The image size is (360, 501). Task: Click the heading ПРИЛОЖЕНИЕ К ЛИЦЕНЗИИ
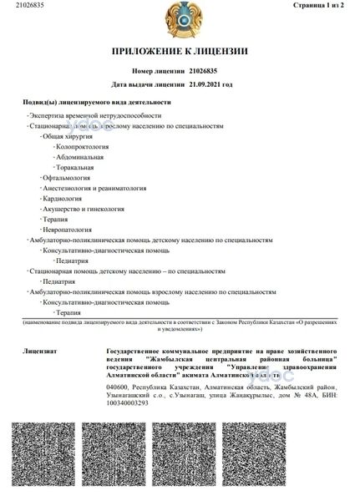click(180, 52)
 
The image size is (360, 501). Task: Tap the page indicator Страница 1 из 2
click(327, 5)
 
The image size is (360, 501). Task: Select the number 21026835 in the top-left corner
click(17, 5)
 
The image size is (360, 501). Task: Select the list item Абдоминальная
click(80, 156)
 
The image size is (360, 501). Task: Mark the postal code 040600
click(121, 387)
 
